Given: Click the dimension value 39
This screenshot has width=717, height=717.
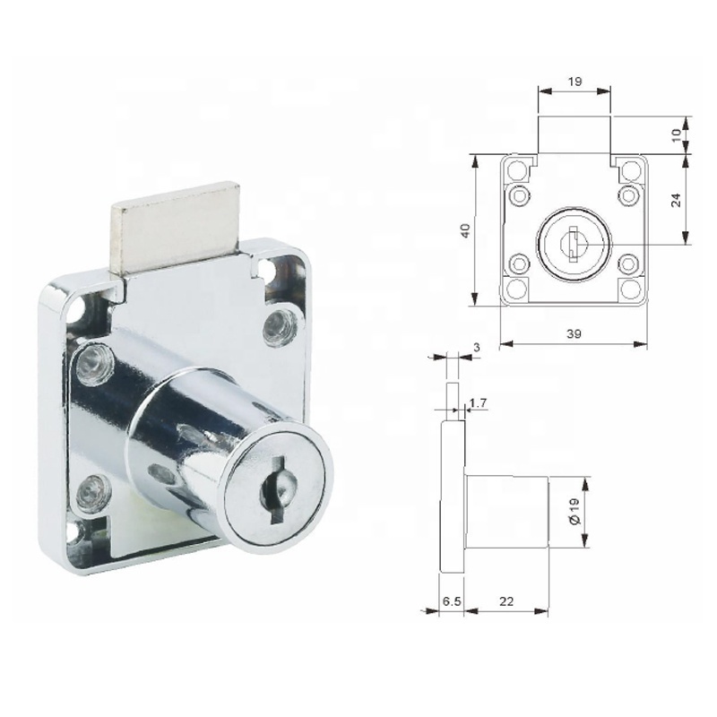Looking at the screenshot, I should pyautogui.click(x=574, y=333).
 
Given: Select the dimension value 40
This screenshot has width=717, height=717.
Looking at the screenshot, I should pyautogui.click(x=464, y=230).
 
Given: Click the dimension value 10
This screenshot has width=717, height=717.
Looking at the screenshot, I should pyautogui.click(x=678, y=134).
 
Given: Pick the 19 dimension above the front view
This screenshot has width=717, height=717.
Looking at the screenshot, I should pyautogui.click(x=575, y=81).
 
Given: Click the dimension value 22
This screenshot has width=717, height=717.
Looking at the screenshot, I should pyautogui.click(x=506, y=603).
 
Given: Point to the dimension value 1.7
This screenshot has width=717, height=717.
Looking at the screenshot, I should pyautogui.click(x=478, y=405).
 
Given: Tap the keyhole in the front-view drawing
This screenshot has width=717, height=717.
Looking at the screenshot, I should pyautogui.click(x=572, y=240).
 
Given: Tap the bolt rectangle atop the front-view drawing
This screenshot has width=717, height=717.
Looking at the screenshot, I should pyautogui.click(x=574, y=134).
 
